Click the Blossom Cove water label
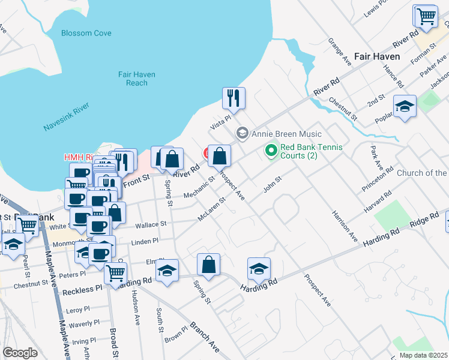[86, 33]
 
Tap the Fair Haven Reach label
[137, 79]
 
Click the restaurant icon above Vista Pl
[234, 98]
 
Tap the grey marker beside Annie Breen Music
[243, 133]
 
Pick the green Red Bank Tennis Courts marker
[272, 151]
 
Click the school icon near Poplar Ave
[405, 107]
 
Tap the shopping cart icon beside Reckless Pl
[115, 273]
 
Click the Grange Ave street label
[340, 52]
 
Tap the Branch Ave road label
[205, 337]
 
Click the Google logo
[20, 353]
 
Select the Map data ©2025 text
[423, 355]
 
